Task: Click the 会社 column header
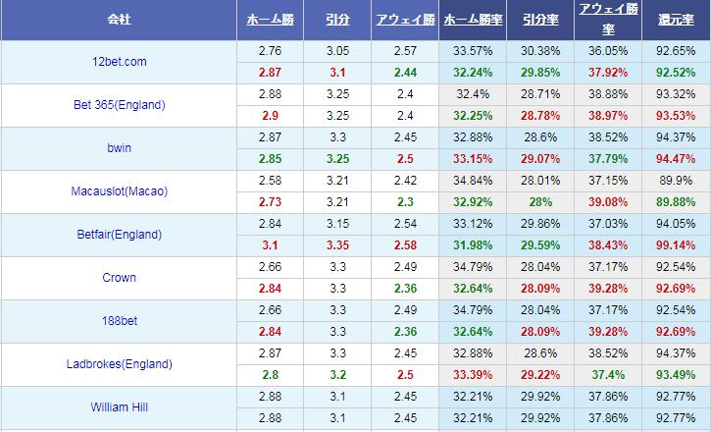tap(118, 20)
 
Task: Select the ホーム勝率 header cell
tap(474, 20)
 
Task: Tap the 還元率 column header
tap(676, 20)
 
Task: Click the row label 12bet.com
tap(118, 62)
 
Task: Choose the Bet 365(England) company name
tap(118, 105)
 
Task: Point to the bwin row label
tap(118, 148)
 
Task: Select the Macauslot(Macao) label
tap(118, 191)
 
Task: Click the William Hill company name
tap(118, 407)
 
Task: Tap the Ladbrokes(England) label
tap(118, 364)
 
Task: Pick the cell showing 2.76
tap(270, 51)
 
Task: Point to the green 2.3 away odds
tap(404, 202)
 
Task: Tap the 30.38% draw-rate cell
tap(540, 51)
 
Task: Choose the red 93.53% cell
tap(676, 116)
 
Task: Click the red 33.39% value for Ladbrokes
tap(474, 375)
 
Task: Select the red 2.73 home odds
tap(270, 202)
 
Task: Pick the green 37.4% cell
tap(608, 375)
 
